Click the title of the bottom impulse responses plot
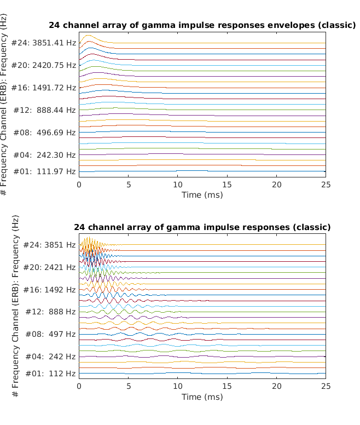pyautogui.click(x=202, y=227)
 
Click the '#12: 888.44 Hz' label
pyautogui.click(x=45, y=110)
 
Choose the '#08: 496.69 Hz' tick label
pyautogui.click(x=45, y=132)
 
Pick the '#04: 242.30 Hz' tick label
pyautogui.click(x=45, y=154)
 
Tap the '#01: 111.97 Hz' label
pyautogui.click(x=45, y=171)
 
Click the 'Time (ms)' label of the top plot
pyautogui.click(x=202, y=194)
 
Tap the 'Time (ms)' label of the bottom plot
pyautogui.click(x=202, y=397)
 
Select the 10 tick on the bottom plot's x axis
pyautogui.click(x=178, y=387)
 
